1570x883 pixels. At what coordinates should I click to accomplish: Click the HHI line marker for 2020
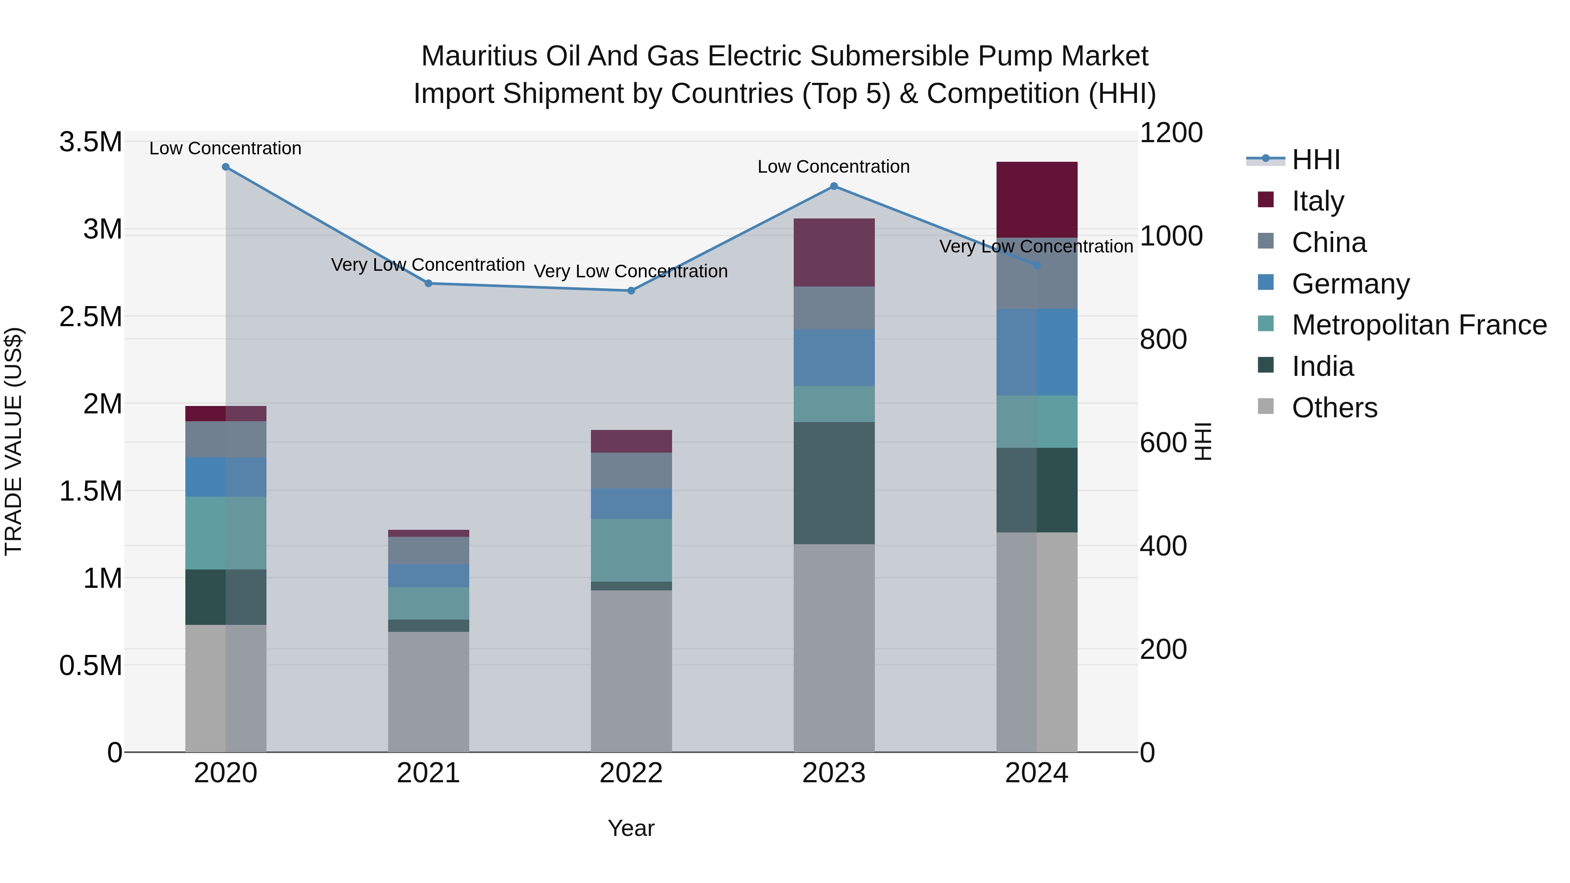click(225, 167)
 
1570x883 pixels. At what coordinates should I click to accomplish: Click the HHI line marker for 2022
click(631, 291)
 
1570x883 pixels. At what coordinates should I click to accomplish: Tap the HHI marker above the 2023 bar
click(834, 187)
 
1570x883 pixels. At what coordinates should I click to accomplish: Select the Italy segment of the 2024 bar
click(1037, 199)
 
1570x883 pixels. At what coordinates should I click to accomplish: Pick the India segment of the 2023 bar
click(834, 483)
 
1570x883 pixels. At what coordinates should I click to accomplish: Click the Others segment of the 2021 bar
click(428, 691)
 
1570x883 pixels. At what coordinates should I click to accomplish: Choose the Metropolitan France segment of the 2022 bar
click(631, 550)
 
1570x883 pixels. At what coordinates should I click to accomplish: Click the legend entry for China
click(1329, 242)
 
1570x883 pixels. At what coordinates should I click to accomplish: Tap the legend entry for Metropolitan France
click(1419, 325)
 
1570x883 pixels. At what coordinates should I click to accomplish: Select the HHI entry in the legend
click(1315, 160)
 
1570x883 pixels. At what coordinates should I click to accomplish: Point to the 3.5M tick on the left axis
click(90, 142)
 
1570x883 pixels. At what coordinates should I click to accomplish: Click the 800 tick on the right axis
click(1163, 339)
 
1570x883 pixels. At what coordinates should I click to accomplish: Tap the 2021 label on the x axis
click(428, 773)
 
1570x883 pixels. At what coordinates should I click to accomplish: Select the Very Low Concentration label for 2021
click(428, 265)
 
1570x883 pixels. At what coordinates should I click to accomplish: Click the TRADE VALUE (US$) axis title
click(14, 441)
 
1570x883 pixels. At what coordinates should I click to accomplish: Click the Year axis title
click(631, 828)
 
